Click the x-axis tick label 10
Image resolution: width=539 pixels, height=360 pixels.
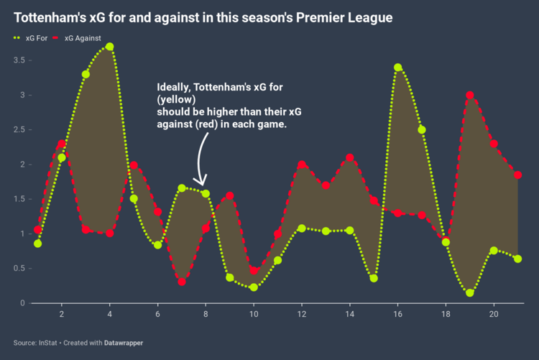pos(254,314)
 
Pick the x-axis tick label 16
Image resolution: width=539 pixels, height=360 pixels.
pos(397,314)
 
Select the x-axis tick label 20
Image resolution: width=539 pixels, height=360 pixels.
pos(494,314)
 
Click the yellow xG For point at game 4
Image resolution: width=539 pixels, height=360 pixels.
pos(109,47)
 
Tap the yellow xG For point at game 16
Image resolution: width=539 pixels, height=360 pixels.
pos(397,68)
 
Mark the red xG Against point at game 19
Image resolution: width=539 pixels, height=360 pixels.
pos(469,95)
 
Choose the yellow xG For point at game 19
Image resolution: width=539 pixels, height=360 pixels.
pos(469,292)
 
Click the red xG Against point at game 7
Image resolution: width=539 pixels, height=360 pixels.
pos(182,282)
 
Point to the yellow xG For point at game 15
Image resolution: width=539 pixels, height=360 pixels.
pos(374,278)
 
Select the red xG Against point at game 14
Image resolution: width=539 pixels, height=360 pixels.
pos(350,157)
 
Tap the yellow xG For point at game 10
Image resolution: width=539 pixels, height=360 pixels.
pos(254,287)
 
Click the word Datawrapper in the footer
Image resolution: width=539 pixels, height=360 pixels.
pos(122,343)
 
